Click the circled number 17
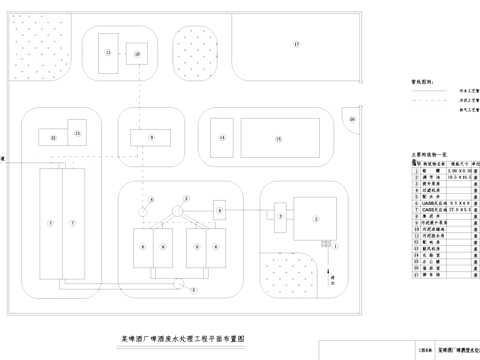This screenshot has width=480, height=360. click(x=296, y=45)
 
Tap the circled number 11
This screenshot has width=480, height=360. click(x=108, y=51)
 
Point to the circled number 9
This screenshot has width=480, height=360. click(x=152, y=135)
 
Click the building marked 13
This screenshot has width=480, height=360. click(x=80, y=133)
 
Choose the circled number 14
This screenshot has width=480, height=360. click(x=223, y=137)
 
